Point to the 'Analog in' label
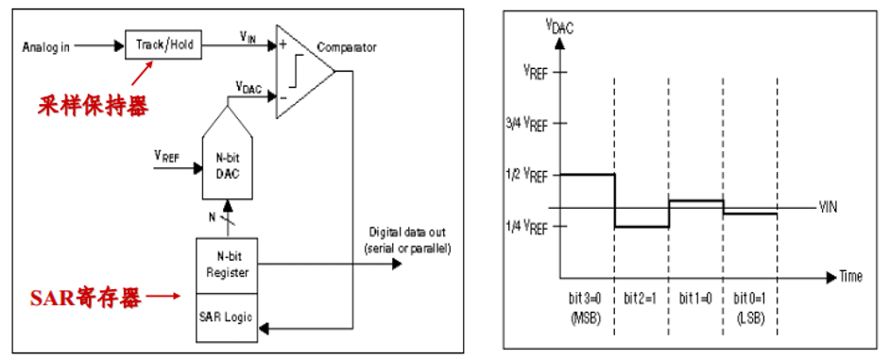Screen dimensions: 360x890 click(x=49, y=43)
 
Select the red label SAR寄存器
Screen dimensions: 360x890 click(x=84, y=299)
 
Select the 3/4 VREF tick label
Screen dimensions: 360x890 click(x=525, y=124)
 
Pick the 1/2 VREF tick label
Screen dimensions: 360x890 click(x=525, y=175)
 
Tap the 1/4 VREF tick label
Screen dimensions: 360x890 click(x=525, y=226)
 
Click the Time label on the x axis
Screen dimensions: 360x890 click(x=850, y=277)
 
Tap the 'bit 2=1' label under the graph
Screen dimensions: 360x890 click(x=641, y=299)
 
